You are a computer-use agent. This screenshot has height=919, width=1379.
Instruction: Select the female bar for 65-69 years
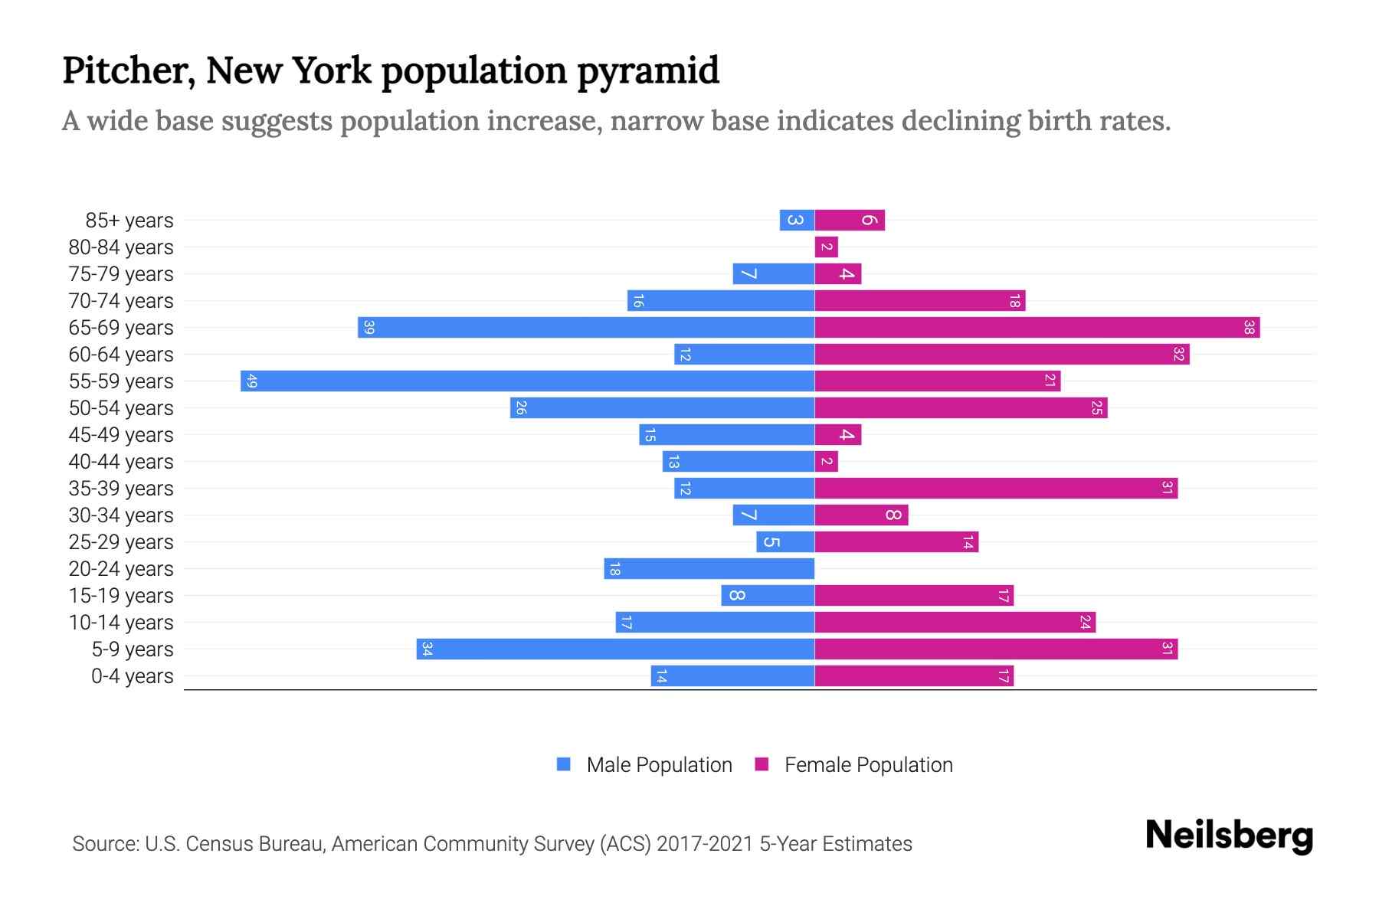point(1037,327)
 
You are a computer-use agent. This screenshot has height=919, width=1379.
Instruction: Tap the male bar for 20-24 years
point(709,568)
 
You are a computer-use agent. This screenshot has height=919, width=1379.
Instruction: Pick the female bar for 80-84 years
point(826,247)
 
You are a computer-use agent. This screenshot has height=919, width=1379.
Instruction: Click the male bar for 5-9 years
point(615,649)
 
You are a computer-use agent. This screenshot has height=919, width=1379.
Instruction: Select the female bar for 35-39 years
point(996,488)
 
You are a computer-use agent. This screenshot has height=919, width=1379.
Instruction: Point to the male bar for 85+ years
point(797,220)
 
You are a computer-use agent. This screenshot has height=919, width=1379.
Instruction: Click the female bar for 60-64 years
point(1001,354)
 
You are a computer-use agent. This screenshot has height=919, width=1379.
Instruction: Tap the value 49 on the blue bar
point(251,381)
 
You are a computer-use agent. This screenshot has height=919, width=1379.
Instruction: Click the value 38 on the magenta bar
point(1249,327)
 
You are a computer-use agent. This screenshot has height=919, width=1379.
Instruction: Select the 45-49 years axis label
point(121,434)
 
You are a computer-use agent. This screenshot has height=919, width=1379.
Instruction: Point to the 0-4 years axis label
point(132,675)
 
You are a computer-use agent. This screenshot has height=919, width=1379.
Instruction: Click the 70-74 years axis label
point(121,300)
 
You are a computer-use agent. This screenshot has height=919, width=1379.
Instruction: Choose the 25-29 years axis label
point(121,541)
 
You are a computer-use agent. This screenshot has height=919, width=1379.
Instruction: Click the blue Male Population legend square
point(564,764)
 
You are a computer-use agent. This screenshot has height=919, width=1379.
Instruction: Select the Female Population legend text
point(868,764)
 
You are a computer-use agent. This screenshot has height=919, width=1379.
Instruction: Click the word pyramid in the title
point(647,70)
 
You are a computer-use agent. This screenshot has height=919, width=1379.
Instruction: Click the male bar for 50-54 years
point(662,407)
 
